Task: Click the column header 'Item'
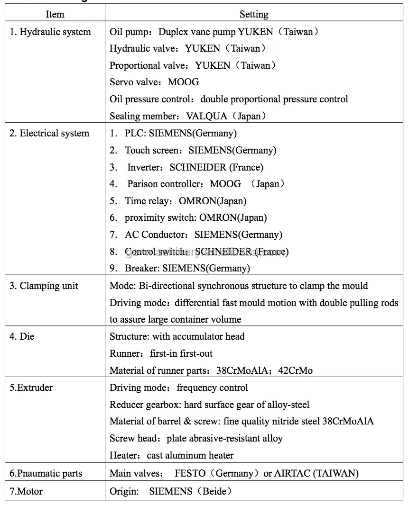click(55, 14)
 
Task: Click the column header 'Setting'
click(254, 14)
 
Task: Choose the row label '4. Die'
click(22, 336)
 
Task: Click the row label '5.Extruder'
click(31, 388)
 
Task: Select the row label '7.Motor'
click(26, 491)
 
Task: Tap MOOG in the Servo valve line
click(183, 82)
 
